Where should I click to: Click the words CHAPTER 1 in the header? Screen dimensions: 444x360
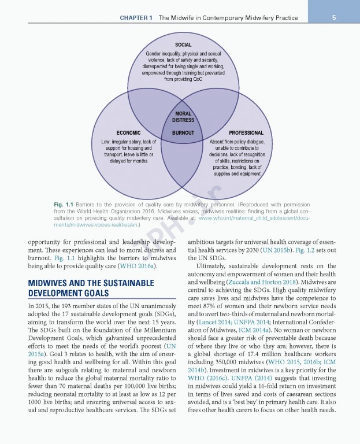pyautogui.click(x=136, y=18)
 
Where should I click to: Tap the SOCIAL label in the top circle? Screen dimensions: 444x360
pyautogui.click(x=184, y=45)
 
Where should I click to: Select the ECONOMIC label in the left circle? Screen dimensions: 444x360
pyautogui.click(x=128, y=133)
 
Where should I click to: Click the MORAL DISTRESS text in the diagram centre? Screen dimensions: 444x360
pyautogui.click(x=183, y=117)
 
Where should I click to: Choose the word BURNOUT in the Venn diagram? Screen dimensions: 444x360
pyautogui.click(x=183, y=133)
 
